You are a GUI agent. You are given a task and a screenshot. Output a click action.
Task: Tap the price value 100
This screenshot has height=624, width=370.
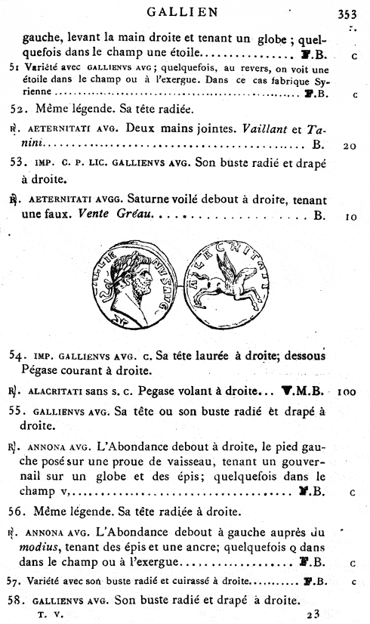click(347, 392)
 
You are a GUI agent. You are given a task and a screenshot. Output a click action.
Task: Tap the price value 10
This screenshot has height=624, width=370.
click(350, 216)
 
